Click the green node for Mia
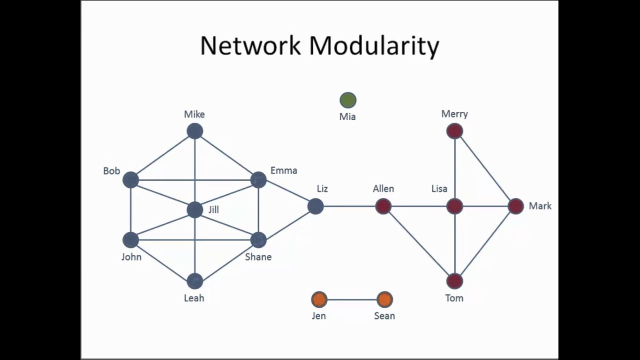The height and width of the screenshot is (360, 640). pos(348,100)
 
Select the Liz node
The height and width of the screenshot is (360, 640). pos(315,206)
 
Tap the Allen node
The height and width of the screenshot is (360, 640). pos(383,206)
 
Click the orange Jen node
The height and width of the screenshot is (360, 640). pos(319,299)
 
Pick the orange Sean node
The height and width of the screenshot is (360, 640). pos(384,299)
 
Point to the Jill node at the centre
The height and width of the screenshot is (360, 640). pos(194,209)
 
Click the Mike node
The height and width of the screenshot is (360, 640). pos(194,131)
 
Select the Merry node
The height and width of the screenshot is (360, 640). pos(454,131)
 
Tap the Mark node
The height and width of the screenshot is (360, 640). pos(515,206)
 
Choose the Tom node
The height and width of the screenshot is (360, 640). pos(454,281)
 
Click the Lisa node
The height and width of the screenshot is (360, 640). pos(454,206)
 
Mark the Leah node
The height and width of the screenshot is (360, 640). pos(194,281)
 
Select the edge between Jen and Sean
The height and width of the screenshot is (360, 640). pos(351,299)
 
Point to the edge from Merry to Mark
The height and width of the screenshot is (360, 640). pos(485,168)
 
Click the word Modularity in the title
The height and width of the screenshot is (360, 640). pos(374,46)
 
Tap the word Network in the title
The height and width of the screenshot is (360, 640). pos(250,46)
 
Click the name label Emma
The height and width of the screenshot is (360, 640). pos(283,170)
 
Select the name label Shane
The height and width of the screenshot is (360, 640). pos(258,257)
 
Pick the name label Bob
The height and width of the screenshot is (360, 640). pos(111,171)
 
